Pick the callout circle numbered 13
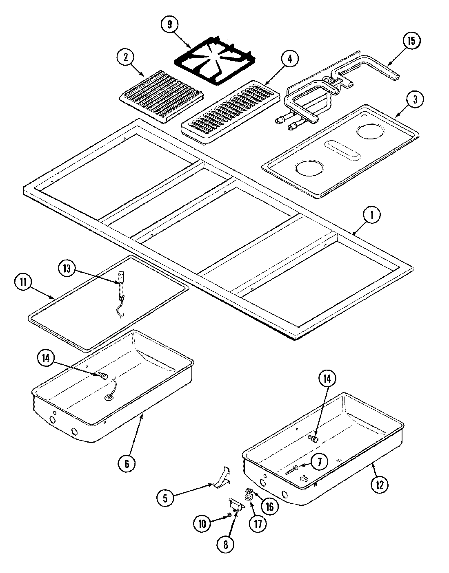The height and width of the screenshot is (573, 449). coord(67,269)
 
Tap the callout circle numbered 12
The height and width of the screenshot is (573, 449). coord(380,484)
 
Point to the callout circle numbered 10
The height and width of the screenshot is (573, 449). coord(202,523)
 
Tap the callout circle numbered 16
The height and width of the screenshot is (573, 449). coord(269,507)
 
